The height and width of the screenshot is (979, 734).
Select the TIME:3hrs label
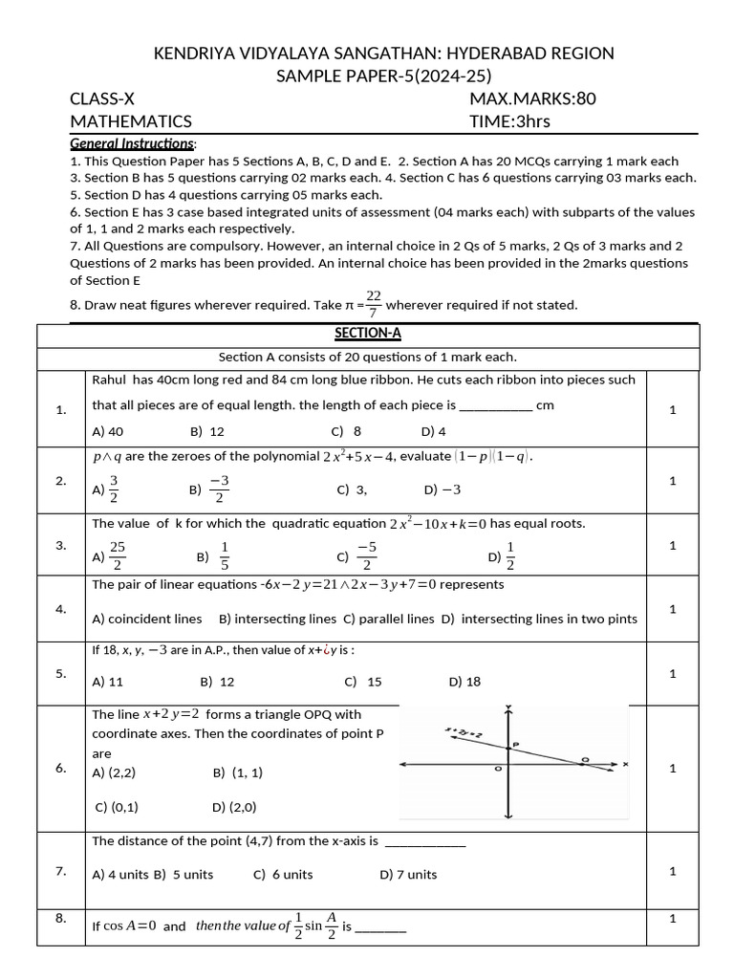pyautogui.click(x=509, y=121)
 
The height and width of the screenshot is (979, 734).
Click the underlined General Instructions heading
pyautogui.click(x=133, y=143)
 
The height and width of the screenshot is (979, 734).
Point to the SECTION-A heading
pyautogui.click(x=368, y=333)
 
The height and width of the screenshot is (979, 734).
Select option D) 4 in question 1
pyautogui.click(x=433, y=431)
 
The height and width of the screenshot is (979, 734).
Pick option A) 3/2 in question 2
pyautogui.click(x=106, y=489)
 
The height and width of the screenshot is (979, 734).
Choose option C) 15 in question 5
pyautogui.click(x=362, y=682)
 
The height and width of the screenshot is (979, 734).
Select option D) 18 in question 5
pyautogui.click(x=464, y=682)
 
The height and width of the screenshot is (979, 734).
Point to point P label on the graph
pyautogui.click(x=515, y=743)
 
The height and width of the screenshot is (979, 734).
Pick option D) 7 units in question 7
pyautogui.click(x=408, y=874)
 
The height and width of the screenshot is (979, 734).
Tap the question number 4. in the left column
pyautogui.click(x=61, y=608)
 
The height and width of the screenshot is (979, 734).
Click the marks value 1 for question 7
pyautogui.click(x=673, y=870)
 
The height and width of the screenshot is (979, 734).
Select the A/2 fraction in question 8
pyautogui.click(x=332, y=925)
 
